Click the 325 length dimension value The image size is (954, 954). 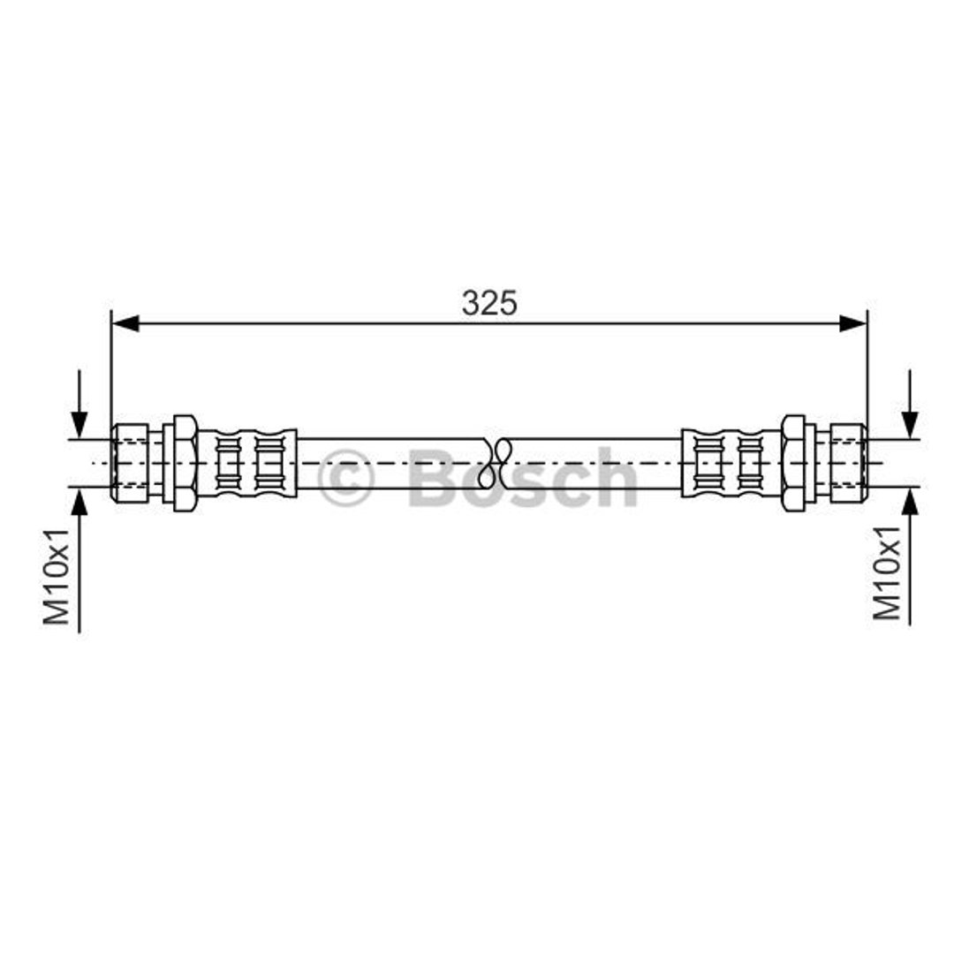(x=489, y=303)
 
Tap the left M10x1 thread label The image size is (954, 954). (x=56, y=576)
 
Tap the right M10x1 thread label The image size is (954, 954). (x=887, y=572)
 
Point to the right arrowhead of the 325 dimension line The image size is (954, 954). (x=852, y=323)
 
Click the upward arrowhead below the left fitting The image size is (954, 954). (x=79, y=501)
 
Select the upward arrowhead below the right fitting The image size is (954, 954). (x=910, y=501)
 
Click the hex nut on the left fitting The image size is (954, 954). (x=185, y=463)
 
